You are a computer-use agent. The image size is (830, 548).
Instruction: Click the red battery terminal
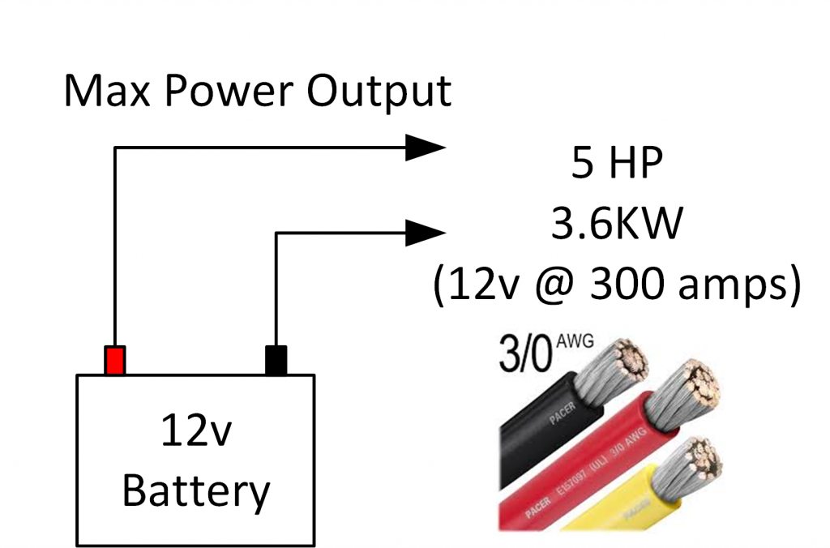pos(115,360)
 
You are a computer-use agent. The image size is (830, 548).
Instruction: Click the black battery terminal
pos(276,360)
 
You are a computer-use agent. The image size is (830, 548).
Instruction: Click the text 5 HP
pos(615,166)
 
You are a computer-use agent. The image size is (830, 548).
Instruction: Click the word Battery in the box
pos(195,489)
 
